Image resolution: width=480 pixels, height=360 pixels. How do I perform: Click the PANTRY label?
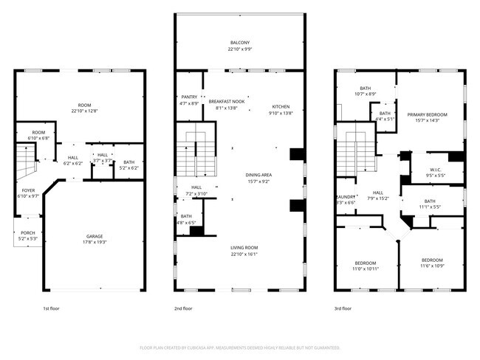pos(189,97)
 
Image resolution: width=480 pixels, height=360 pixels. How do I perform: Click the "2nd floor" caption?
pos(183,308)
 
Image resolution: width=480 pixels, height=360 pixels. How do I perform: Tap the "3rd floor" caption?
pos(343,308)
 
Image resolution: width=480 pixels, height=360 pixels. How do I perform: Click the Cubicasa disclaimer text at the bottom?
pos(240,347)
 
